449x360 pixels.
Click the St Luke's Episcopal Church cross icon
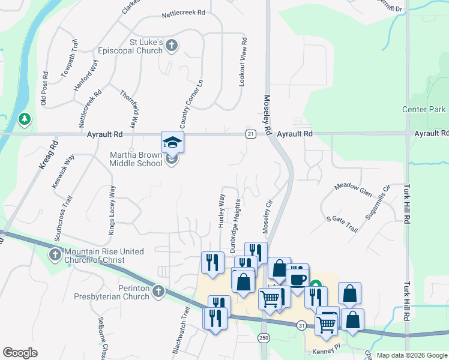tap(172, 45)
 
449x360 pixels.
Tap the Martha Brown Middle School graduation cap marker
tap(172, 143)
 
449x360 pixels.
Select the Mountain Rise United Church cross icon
tap(55, 255)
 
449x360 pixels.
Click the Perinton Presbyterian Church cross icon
tap(158, 291)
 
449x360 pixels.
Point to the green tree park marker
tap(25, 119)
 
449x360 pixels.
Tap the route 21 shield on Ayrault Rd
tap(250, 134)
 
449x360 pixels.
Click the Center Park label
tap(424, 109)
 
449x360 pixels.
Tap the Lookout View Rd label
tap(243, 63)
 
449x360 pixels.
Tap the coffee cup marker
tap(297, 279)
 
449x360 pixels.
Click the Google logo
tap(20, 353)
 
